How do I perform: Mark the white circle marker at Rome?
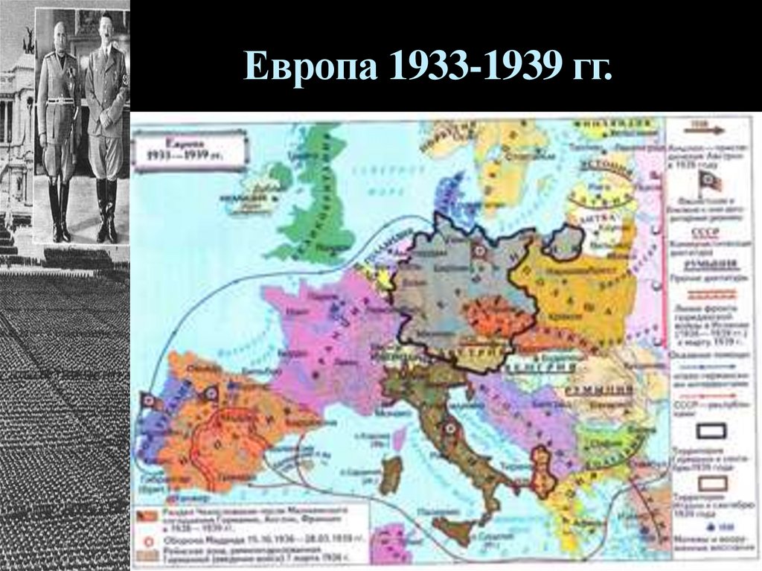click(449, 428)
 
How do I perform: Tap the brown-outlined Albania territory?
click(543, 470)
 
